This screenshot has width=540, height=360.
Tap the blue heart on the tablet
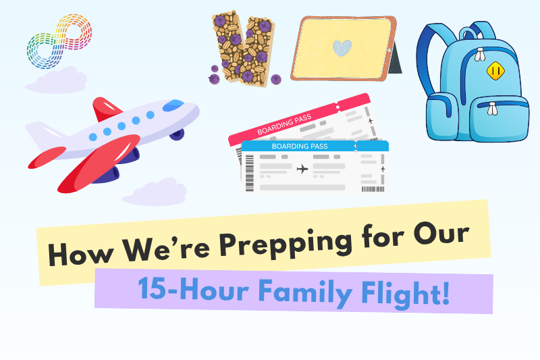pos(342,48)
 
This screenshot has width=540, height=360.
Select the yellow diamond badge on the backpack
pos(495,71)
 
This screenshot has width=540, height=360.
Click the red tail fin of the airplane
pos(105,109)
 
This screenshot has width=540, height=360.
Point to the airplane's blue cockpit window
pos(173,105)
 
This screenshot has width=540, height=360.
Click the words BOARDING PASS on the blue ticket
pos(300,146)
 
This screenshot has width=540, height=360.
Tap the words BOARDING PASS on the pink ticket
pos(284,124)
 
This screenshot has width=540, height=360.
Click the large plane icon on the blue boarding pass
pos(302,169)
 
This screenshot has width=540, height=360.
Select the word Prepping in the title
pos(286,244)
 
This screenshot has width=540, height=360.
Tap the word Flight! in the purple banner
pos(406,294)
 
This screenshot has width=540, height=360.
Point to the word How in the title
pos(80,253)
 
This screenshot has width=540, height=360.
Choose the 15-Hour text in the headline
pos(193,288)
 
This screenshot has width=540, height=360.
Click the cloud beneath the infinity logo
pos(56,80)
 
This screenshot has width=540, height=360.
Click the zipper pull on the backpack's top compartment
pos(480,55)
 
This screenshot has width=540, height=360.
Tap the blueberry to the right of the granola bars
pos(275,79)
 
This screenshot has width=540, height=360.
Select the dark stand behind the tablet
pos(396,59)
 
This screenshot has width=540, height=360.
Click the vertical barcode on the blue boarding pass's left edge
pos(249,173)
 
